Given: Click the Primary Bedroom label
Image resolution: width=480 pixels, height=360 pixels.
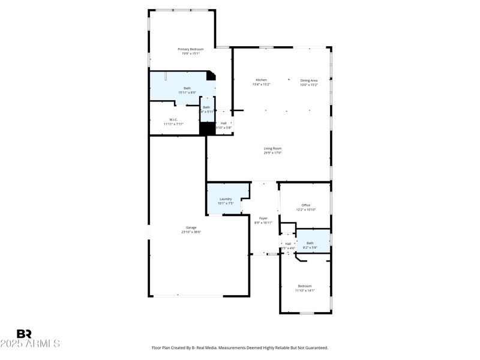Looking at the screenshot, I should (x=191, y=49).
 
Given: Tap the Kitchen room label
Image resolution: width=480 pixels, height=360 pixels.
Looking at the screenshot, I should (x=261, y=80).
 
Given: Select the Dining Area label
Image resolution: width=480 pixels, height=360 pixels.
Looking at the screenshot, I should (x=309, y=80).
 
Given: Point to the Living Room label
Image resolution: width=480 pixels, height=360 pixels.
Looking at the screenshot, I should (x=272, y=148).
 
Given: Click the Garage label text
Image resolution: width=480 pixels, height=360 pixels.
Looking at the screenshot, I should (x=191, y=227).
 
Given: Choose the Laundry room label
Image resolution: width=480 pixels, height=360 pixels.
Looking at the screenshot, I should (x=226, y=199).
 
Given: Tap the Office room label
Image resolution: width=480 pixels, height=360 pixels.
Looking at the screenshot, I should (x=306, y=205).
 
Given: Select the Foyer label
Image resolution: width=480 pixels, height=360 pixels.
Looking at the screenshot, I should (x=263, y=218).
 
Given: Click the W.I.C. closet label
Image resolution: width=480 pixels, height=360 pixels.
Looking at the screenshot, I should (x=173, y=119).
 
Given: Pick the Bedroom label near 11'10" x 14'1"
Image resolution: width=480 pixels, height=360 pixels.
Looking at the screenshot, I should (x=305, y=286).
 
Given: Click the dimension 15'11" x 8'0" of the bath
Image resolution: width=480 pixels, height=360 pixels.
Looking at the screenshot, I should (x=187, y=92).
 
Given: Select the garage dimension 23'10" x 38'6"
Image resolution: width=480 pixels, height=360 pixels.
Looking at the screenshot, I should (x=191, y=232).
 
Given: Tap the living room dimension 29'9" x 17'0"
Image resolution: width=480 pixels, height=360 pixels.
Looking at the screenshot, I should (x=272, y=153).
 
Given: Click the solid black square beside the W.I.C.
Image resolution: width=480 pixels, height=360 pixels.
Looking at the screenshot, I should (x=207, y=128).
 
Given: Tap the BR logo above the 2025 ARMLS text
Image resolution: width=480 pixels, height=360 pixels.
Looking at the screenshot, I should (x=24, y=334).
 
